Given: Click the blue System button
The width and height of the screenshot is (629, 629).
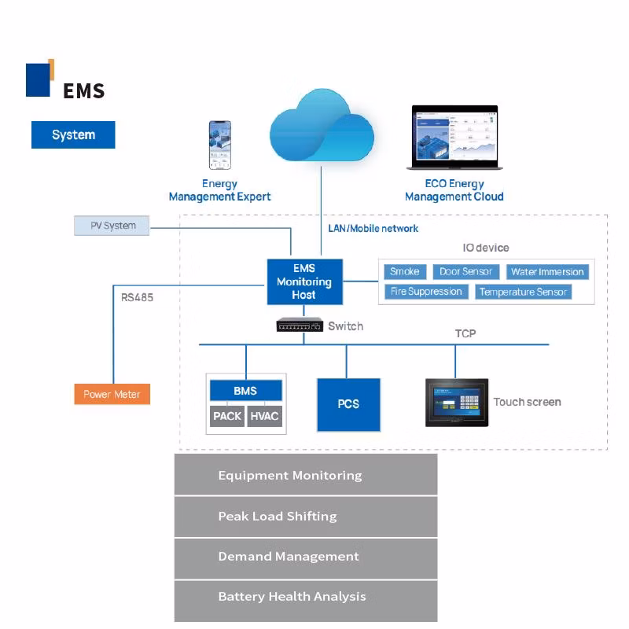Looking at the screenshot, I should coord(73,134).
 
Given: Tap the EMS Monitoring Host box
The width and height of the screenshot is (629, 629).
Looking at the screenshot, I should coord(303,281).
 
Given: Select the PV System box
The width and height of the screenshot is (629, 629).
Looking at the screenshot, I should coord(112,226).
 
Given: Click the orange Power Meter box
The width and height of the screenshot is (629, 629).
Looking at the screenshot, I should coord(112,394).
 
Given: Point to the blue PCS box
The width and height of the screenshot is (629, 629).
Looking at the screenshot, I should coord(348,404).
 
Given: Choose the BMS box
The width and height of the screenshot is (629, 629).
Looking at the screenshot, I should coord(245,390).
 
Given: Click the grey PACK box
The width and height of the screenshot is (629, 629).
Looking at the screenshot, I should coord(227,416).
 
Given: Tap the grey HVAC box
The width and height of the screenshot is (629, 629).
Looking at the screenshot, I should coord(264,416).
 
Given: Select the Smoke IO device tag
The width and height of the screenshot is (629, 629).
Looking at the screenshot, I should coord(404,271).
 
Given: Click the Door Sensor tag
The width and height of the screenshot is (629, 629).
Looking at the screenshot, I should coord(465,271).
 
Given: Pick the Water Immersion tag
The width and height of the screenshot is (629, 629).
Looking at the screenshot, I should coord(547,272).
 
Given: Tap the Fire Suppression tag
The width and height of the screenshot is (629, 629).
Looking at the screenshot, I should coord(426,292).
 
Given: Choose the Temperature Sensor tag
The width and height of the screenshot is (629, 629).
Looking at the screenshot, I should coord(523,292).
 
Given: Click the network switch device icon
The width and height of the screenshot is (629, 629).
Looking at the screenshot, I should coord(300,325).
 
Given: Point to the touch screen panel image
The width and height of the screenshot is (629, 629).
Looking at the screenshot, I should coord(457,402).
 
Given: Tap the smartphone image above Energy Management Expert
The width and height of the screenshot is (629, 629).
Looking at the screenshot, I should coord(219,145).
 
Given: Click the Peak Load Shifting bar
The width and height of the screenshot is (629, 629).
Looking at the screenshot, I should coord(305,516).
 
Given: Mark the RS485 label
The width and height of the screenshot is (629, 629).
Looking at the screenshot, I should coord(137,298).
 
